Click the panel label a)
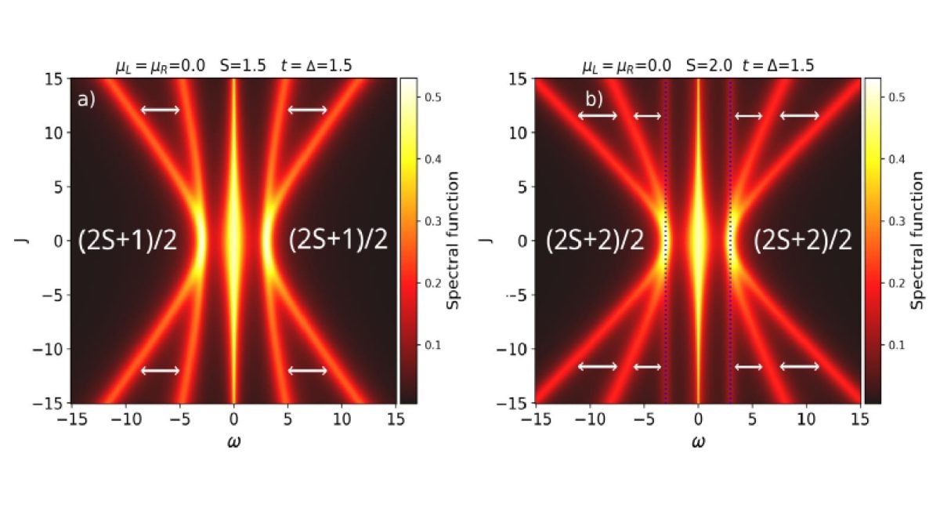(x=86, y=100)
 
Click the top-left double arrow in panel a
(x=161, y=110)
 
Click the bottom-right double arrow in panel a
(x=308, y=370)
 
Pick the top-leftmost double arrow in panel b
(x=598, y=116)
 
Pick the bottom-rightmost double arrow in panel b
(x=800, y=366)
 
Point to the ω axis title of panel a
(x=233, y=441)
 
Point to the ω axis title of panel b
(x=698, y=441)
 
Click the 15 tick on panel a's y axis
(x=54, y=78)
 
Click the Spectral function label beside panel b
(x=918, y=241)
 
